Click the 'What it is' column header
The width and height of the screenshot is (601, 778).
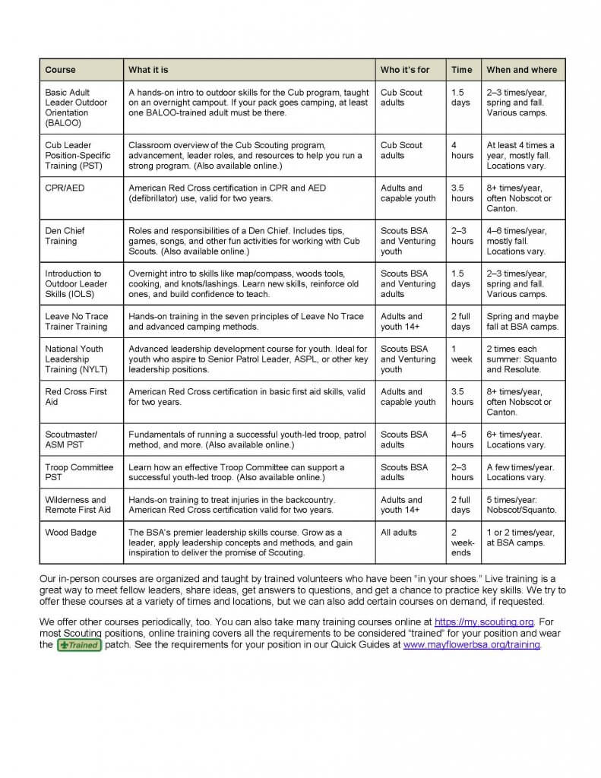tap(148, 70)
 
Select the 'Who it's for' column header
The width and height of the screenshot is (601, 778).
tap(404, 70)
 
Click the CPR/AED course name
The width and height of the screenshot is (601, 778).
tap(65, 188)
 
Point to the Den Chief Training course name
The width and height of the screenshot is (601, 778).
tap(65, 236)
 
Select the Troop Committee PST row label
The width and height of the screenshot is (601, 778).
tap(79, 473)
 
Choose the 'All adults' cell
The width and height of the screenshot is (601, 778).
tap(398, 533)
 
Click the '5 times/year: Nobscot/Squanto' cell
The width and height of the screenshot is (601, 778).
tap(521, 504)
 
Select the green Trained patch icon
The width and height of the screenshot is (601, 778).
tap(79, 645)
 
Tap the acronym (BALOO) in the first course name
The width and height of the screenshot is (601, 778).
tap(63, 123)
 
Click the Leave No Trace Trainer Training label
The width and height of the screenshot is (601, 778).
tap(76, 321)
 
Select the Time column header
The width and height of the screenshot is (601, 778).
tap(461, 70)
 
